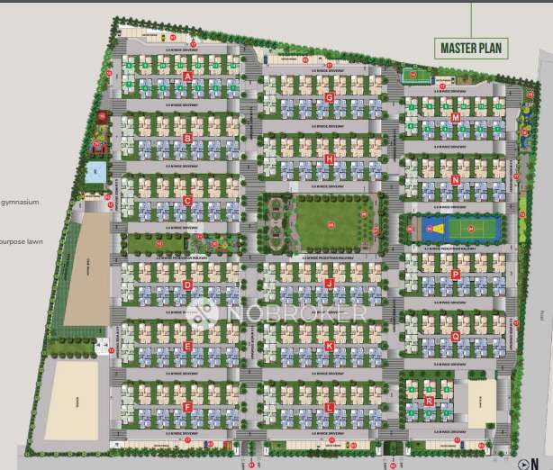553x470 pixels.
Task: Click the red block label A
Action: tap(187, 77)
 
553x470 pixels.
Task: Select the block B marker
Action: tap(187, 138)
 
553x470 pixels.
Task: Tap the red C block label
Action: tap(187, 201)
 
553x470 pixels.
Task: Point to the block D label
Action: tap(187, 285)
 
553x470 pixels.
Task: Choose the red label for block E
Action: tap(187, 346)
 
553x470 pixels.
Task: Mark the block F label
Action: tap(187, 407)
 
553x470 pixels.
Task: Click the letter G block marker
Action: tap(330, 97)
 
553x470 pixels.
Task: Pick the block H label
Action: tap(330, 159)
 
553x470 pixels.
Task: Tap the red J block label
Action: tap(330, 284)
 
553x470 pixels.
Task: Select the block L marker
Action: tap(330, 407)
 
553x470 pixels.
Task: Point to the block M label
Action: tap(456, 118)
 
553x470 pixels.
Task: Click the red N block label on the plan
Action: tap(456, 180)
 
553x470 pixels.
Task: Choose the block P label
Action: tap(456, 274)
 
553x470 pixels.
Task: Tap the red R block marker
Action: tap(430, 401)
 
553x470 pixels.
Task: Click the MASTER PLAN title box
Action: tap(471, 48)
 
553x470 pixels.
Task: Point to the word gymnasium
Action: tap(20, 203)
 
